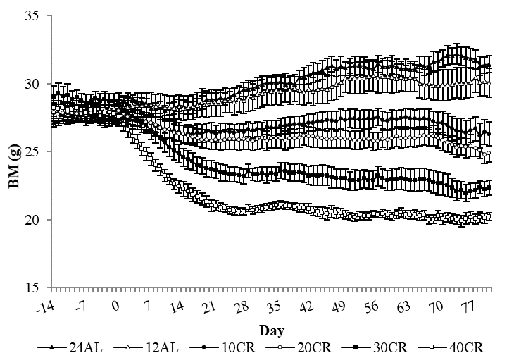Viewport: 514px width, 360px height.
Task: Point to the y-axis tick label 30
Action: point(31,84)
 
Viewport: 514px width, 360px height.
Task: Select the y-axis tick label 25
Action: point(31,151)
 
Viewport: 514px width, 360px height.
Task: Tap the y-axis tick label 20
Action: point(31,220)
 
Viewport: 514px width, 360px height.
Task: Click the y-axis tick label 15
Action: point(31,287)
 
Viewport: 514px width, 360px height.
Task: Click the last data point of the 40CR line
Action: point(489,217)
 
